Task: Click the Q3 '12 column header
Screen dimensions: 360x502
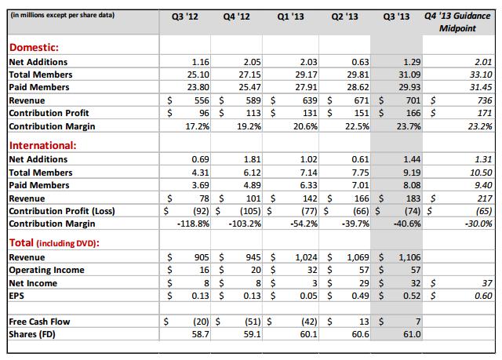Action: [x=181, y=16]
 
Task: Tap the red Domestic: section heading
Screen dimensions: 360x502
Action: [x=34, y=48]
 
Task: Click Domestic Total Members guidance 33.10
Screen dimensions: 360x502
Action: [x=480, y=74]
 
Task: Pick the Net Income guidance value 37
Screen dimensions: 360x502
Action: [x=486, y=283]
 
